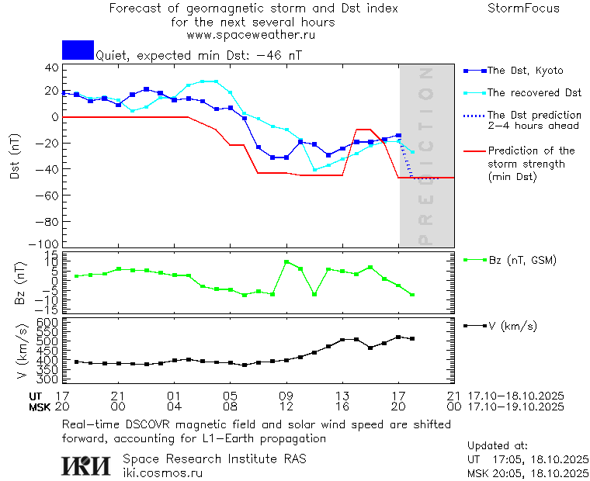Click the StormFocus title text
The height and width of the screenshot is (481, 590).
[523, 9]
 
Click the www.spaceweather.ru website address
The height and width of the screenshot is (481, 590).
[251, 35]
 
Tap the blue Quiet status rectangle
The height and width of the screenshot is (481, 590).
[78, 50]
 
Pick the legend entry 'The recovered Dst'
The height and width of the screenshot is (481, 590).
[534, 93]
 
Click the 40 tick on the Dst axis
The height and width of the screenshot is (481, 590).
[52, 68]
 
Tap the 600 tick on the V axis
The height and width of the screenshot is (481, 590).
[50, 322]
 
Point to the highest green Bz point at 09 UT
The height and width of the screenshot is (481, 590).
[286, 262]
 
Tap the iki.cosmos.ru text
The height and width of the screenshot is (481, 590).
[162, 472]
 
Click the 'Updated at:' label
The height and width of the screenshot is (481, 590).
[497, 446]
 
